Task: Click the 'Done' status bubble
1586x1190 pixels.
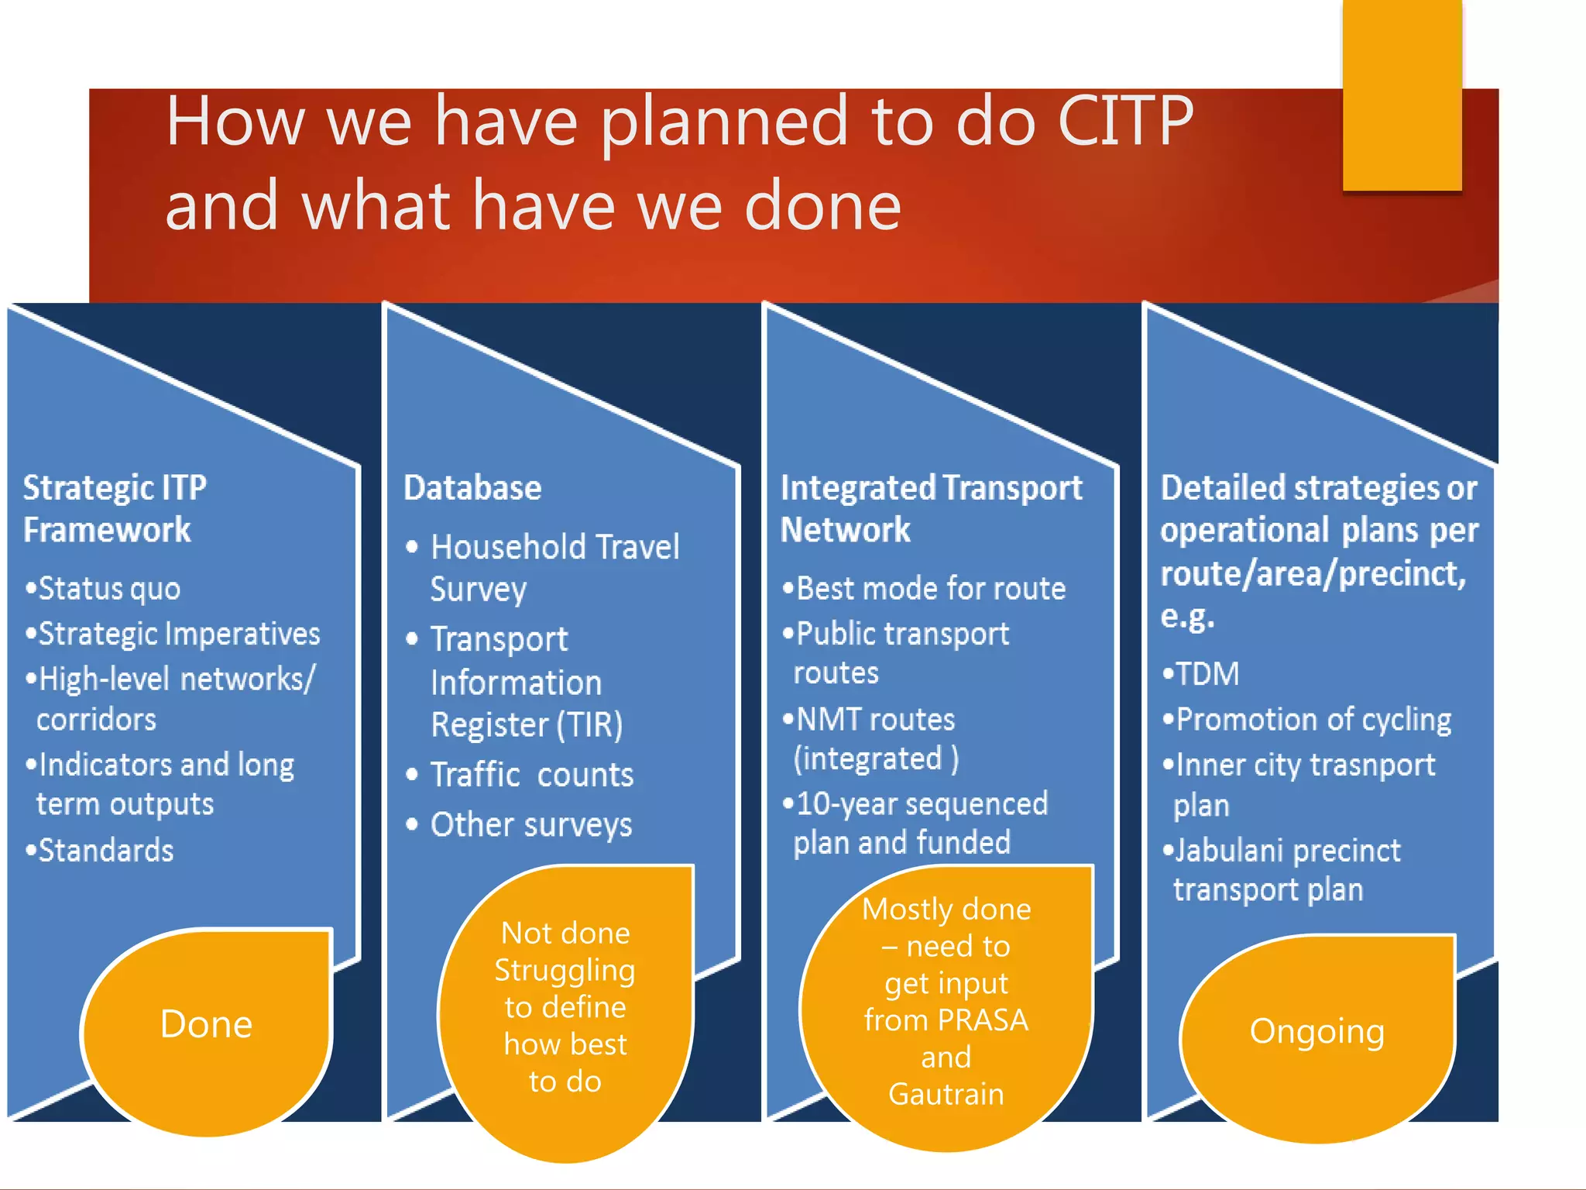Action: pos(206,1024)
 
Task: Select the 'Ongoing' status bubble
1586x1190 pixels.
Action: pos(1317,1032)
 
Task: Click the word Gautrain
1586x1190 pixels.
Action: pos(946,1094)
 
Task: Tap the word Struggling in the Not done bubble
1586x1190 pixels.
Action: pos(565,971)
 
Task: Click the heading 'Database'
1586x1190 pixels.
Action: pos(472,488)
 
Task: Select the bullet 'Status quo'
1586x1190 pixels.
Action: pos(109,589)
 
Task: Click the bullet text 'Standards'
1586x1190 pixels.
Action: pos(106,851)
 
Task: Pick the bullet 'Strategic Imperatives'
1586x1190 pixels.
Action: pos(179,634)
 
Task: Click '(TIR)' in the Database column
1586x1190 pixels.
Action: pos(589,725)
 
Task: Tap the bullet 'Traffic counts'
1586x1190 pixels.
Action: pos(531,775)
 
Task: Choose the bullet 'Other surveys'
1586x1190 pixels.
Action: pos(531,824)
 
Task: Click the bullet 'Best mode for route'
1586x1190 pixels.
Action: pos(930,589)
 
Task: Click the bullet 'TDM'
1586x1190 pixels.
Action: pos(1207,674)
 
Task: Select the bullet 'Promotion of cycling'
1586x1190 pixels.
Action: pos(1313,720)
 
